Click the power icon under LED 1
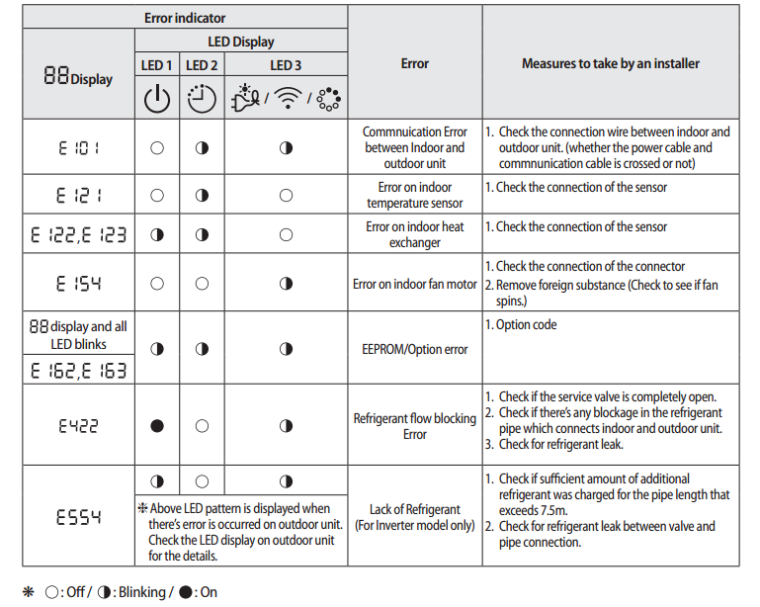click(x=157, y=99)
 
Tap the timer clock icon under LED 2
click(x=201, y=99)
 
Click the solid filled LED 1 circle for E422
click(x=157, y=426)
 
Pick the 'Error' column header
click(x=415, y=63)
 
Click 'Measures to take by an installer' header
click(x=610, y=63)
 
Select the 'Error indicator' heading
click(x=185, y=17)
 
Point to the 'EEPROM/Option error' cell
click(x=415, y=349)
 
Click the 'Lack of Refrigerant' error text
click(x=415, y=509)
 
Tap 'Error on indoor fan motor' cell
click(x=415, y=284)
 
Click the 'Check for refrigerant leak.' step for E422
click(x=564, y=445)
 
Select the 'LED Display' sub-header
click(x=241, y=42)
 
